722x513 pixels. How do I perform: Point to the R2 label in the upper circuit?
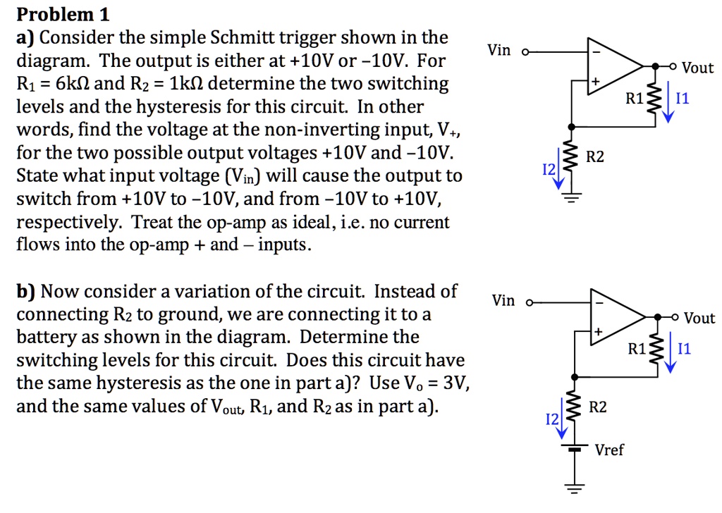pos(595,156)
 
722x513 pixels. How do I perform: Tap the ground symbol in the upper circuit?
pos(572,199)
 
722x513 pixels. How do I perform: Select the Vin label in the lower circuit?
pos(503,301)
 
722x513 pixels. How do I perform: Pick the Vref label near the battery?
pos(609,450)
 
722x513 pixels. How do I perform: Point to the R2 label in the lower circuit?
pos(597,407)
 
